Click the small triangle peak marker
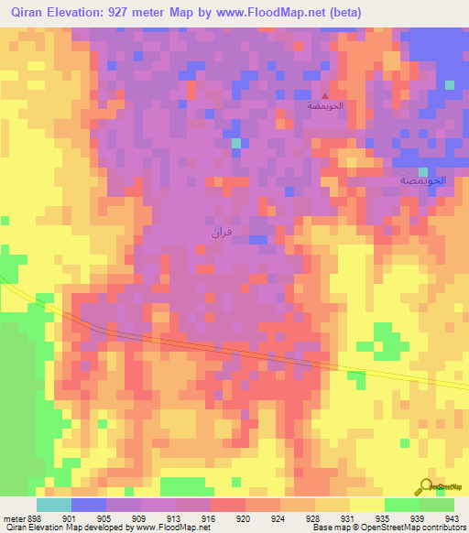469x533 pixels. [324, 95]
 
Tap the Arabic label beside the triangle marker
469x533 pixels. [324, 107]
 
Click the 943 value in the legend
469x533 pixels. [453, 517]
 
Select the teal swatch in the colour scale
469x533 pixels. [53, 505]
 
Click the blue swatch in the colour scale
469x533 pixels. [88, 505]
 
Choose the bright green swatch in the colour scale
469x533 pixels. [401, 505]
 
